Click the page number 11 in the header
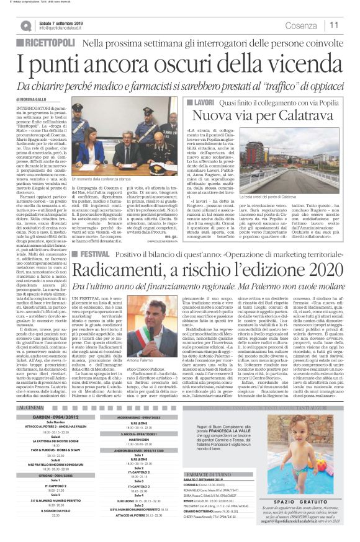pyautogui.click(x=334, y=25)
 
